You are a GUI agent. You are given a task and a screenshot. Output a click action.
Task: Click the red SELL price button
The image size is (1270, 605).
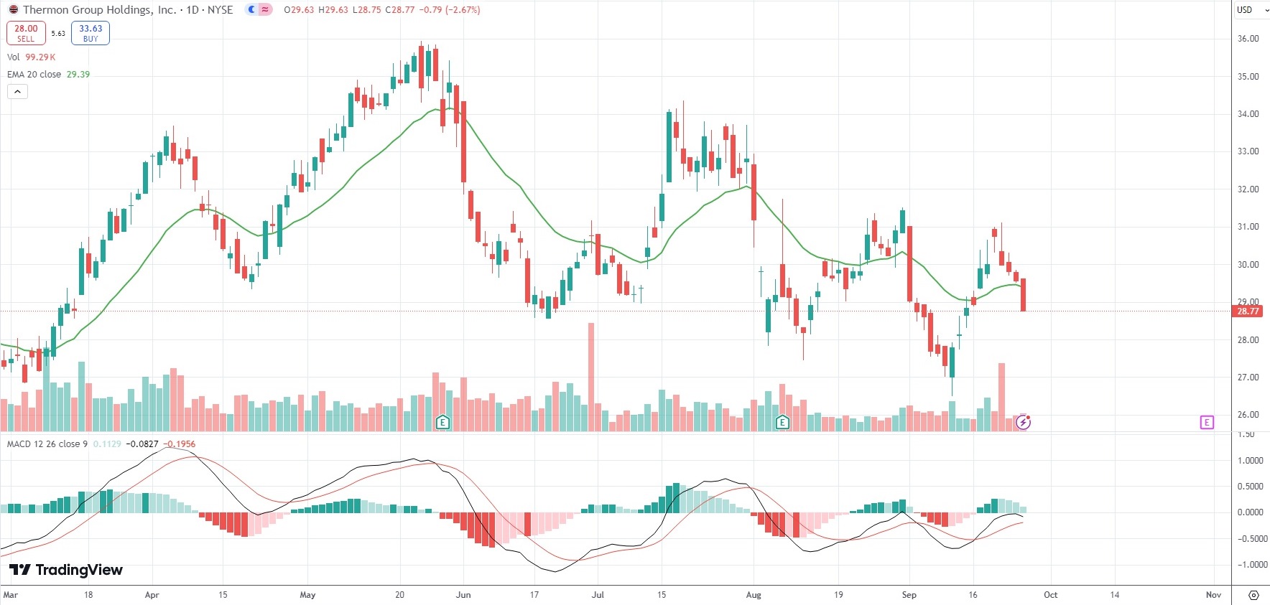(26, 33)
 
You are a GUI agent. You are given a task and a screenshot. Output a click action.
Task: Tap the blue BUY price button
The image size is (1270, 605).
(91, 33)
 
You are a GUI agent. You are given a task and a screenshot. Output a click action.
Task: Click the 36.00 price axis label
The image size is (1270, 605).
(1248, 39)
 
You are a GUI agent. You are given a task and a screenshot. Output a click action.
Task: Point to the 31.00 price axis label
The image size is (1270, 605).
(1248, 227)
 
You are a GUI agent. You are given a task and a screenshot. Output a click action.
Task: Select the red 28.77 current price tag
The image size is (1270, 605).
(1248, 311)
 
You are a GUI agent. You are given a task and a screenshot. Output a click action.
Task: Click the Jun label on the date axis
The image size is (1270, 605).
(463, 595)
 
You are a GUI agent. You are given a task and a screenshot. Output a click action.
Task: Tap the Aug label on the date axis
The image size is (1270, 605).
(754, 595)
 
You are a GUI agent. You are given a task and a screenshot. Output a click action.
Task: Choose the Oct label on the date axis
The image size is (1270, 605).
(1050, 595)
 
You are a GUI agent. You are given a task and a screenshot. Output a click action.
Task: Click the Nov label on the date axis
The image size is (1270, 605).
(1213, 595)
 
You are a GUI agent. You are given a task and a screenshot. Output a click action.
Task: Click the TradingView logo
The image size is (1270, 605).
(66, 570)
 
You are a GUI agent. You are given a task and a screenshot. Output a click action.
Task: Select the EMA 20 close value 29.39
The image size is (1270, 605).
(78, 75)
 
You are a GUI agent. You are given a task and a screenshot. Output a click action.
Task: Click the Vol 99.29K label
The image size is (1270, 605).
(31, 57)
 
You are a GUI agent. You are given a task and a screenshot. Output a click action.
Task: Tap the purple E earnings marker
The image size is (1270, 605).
(1206, 422)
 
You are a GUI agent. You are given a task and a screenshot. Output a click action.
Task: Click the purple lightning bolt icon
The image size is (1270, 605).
(1024, 422)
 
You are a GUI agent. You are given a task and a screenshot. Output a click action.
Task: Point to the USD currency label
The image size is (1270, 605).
(1245, 10)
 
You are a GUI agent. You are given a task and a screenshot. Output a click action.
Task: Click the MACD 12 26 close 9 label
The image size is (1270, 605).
(47, 444)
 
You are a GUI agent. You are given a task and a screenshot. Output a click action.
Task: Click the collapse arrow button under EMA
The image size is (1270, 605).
(17, 92)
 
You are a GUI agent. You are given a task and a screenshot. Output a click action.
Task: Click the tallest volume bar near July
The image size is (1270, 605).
(591, 377)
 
